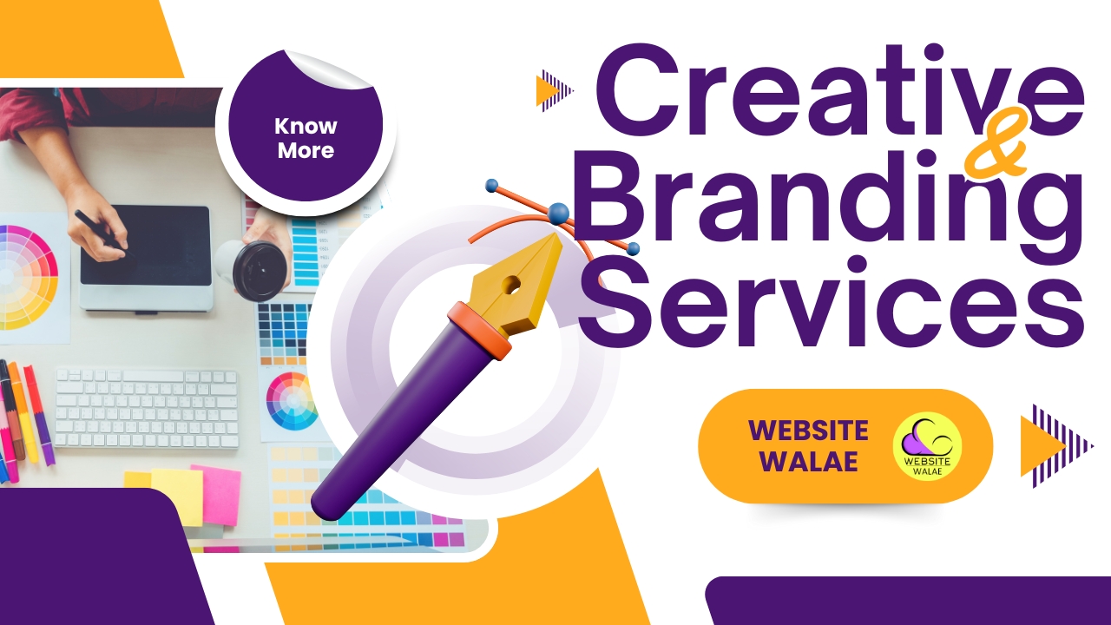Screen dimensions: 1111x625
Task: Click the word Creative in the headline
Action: click(x=839, y=91)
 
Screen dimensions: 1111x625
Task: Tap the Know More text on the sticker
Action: click(x=306, y=138)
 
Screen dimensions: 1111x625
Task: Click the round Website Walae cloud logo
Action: click(x=927, y=446)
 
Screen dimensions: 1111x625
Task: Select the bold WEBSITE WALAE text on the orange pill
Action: click(x=808, y=446)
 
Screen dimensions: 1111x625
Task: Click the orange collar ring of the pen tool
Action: click(x=479, y=331)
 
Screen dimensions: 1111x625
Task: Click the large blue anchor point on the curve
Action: click(x=558, y=214)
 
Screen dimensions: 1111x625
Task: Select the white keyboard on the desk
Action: click(x=147, y=408)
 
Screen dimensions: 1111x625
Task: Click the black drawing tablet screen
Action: click(x=146, y=246)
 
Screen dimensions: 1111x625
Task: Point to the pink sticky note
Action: click(x=216, y=495)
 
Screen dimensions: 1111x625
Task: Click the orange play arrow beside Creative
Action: click(x=547, y=91)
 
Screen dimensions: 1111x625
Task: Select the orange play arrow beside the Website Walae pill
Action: click(x=1042, y=446)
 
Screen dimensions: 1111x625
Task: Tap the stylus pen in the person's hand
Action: click(x=105, y=234)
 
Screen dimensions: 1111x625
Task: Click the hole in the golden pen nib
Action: click(x=511, y=285)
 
